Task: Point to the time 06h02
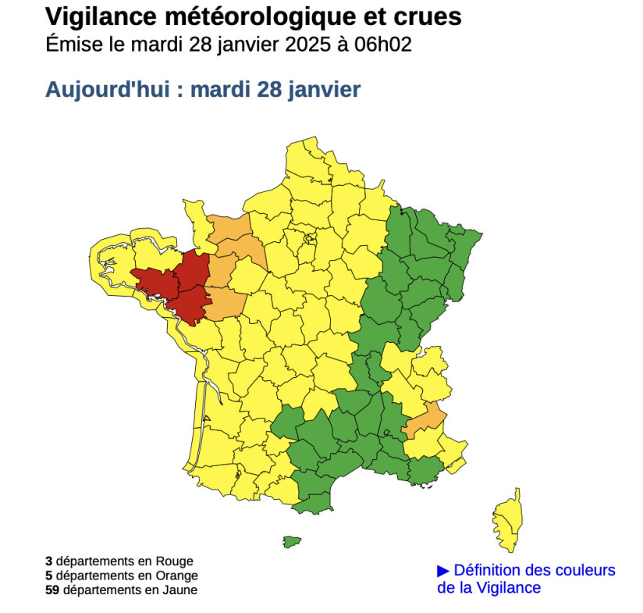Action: pos(382,44)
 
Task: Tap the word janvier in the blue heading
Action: pos(325,90)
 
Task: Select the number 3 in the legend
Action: pos(48,561)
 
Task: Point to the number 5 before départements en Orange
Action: pos(48,576)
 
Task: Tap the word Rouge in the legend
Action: pos(176,561)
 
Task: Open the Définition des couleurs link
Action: pos(534,571)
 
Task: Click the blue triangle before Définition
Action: pos(443,571)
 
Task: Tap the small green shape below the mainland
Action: pos(292,540)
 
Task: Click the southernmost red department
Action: pos(188,305)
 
